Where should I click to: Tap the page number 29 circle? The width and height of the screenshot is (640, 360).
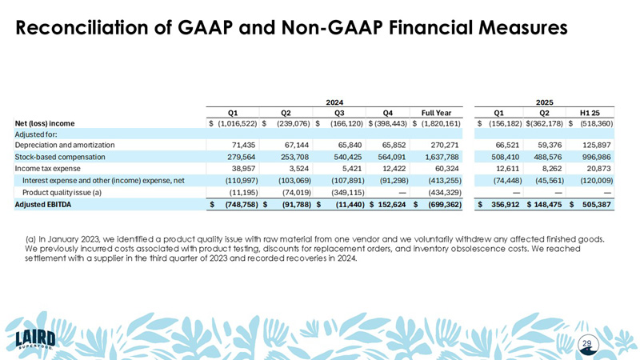587,343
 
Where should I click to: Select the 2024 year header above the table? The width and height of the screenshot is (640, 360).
334,102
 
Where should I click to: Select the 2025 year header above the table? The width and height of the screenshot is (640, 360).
544,102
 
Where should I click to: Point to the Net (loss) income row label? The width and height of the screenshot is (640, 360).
45,123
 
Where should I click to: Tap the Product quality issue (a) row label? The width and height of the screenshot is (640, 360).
62,192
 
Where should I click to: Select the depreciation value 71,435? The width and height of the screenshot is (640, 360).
242,146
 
